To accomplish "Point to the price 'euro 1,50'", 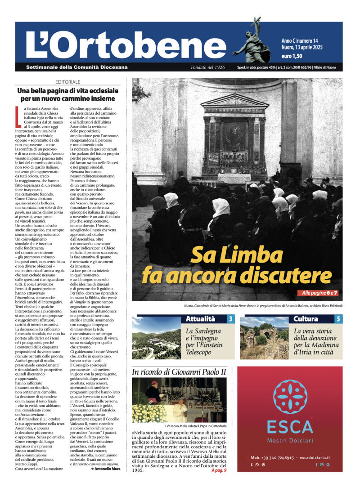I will [292, 56].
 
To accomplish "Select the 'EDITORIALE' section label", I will [68, 82].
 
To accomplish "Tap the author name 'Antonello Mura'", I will [108, 468].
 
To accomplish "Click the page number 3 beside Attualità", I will [230, 319].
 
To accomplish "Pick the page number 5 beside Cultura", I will [338, 319].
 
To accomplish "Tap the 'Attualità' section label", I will [201, 319].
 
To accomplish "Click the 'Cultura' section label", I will [306, 319].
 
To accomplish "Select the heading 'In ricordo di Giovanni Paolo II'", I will [179, 372].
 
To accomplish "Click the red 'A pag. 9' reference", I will [219, 470].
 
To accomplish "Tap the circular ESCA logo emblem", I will [289, 398].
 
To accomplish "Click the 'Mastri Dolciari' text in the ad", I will [289, 440].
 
